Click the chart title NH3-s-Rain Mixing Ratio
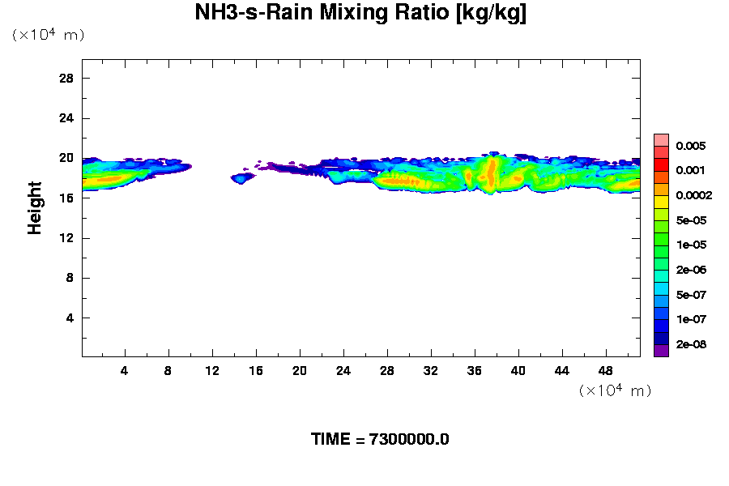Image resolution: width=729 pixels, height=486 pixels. pos(360,14)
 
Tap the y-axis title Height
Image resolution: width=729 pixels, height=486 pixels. pos(35,218)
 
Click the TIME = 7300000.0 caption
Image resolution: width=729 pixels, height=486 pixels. pos(380,440)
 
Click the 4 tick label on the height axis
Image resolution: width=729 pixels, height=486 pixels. pos(70,318)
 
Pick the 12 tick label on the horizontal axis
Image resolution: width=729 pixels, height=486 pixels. pos(212,370)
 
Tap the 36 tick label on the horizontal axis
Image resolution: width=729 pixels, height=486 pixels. pos(474,370)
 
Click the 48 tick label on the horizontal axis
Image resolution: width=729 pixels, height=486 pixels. pos(605,370)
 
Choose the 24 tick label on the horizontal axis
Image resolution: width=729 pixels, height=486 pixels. pos(343,370)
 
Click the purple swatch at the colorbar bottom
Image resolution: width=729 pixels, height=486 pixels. pos(661,350)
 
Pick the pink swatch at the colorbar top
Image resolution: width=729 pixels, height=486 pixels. pos(661,139)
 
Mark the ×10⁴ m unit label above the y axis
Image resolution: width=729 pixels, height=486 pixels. pos(49,36)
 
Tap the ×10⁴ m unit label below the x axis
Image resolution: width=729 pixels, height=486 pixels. pos(616,391)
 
